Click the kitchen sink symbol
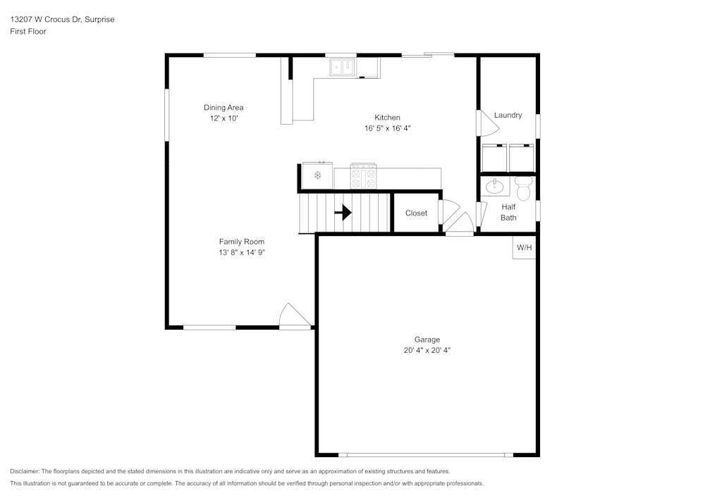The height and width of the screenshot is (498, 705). click(x=343, y=67)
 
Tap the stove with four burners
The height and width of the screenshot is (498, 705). click(x=364, y=176)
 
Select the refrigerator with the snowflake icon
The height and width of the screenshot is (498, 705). click(x=318, y=175)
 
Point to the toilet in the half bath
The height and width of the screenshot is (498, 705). click(x=523, y=188)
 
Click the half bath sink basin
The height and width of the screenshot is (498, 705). click(x=495, y=187)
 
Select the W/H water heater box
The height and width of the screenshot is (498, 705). click(x=524, y=247)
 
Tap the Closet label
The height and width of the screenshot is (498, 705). click(x=416, y=213)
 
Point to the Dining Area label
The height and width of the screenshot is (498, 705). click(x=223, y=108)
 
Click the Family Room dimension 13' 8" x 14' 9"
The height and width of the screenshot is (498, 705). click(x=242, y=252)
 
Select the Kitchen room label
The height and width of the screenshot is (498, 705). click(x=387, y=118)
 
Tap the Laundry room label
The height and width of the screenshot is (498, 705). click(x=508, y=115)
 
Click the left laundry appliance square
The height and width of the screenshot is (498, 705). click(x=494, y=158)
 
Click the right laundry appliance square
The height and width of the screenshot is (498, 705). click(x=522, y=158)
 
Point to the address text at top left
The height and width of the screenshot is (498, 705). click(x=62, y=20)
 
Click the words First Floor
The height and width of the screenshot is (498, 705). click(x=28, y=32)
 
